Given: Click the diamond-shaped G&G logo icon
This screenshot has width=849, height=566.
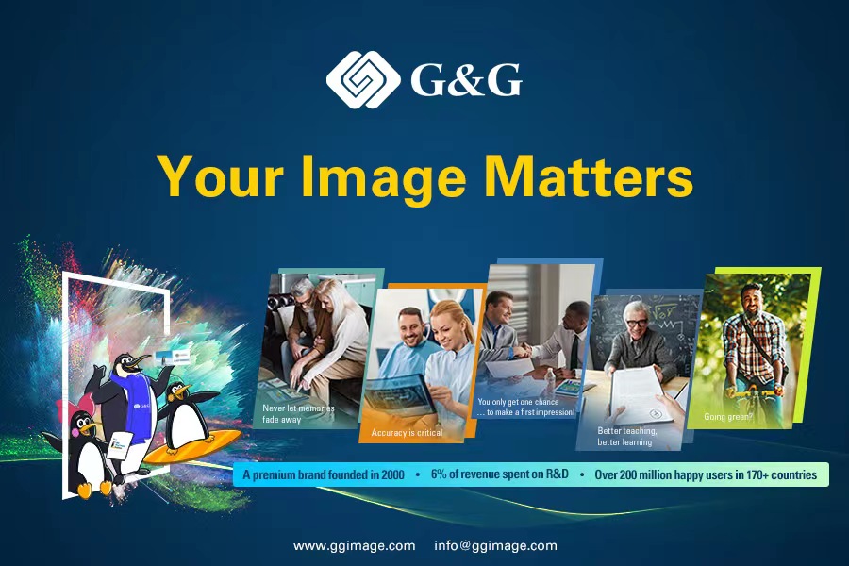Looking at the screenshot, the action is click(x=363, y=79).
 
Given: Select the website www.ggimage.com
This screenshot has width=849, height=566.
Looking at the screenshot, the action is click(x=354, y=546).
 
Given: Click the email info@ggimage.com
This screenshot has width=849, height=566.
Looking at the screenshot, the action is click(x=495, y=545).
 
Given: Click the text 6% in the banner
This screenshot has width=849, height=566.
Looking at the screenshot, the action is click(x=439, y=474).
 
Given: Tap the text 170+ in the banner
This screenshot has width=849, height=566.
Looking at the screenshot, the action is click(x=757, y=475).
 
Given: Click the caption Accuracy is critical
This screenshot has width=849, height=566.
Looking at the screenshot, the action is click(x=407, y=433).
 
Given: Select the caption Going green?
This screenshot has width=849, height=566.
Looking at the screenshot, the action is click(x=728, y=417).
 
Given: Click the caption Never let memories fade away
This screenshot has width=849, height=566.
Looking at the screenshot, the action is click(x=298, y=414).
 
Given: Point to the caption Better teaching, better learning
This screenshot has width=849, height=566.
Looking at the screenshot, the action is click(x=627, y=437).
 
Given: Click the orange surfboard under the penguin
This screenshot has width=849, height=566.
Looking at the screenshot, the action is click(x=192, y=446).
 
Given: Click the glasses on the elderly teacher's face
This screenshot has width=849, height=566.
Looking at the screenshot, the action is click(x=637, y=324).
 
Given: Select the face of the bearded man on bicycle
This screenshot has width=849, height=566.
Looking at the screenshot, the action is click(x=751, y=301).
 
